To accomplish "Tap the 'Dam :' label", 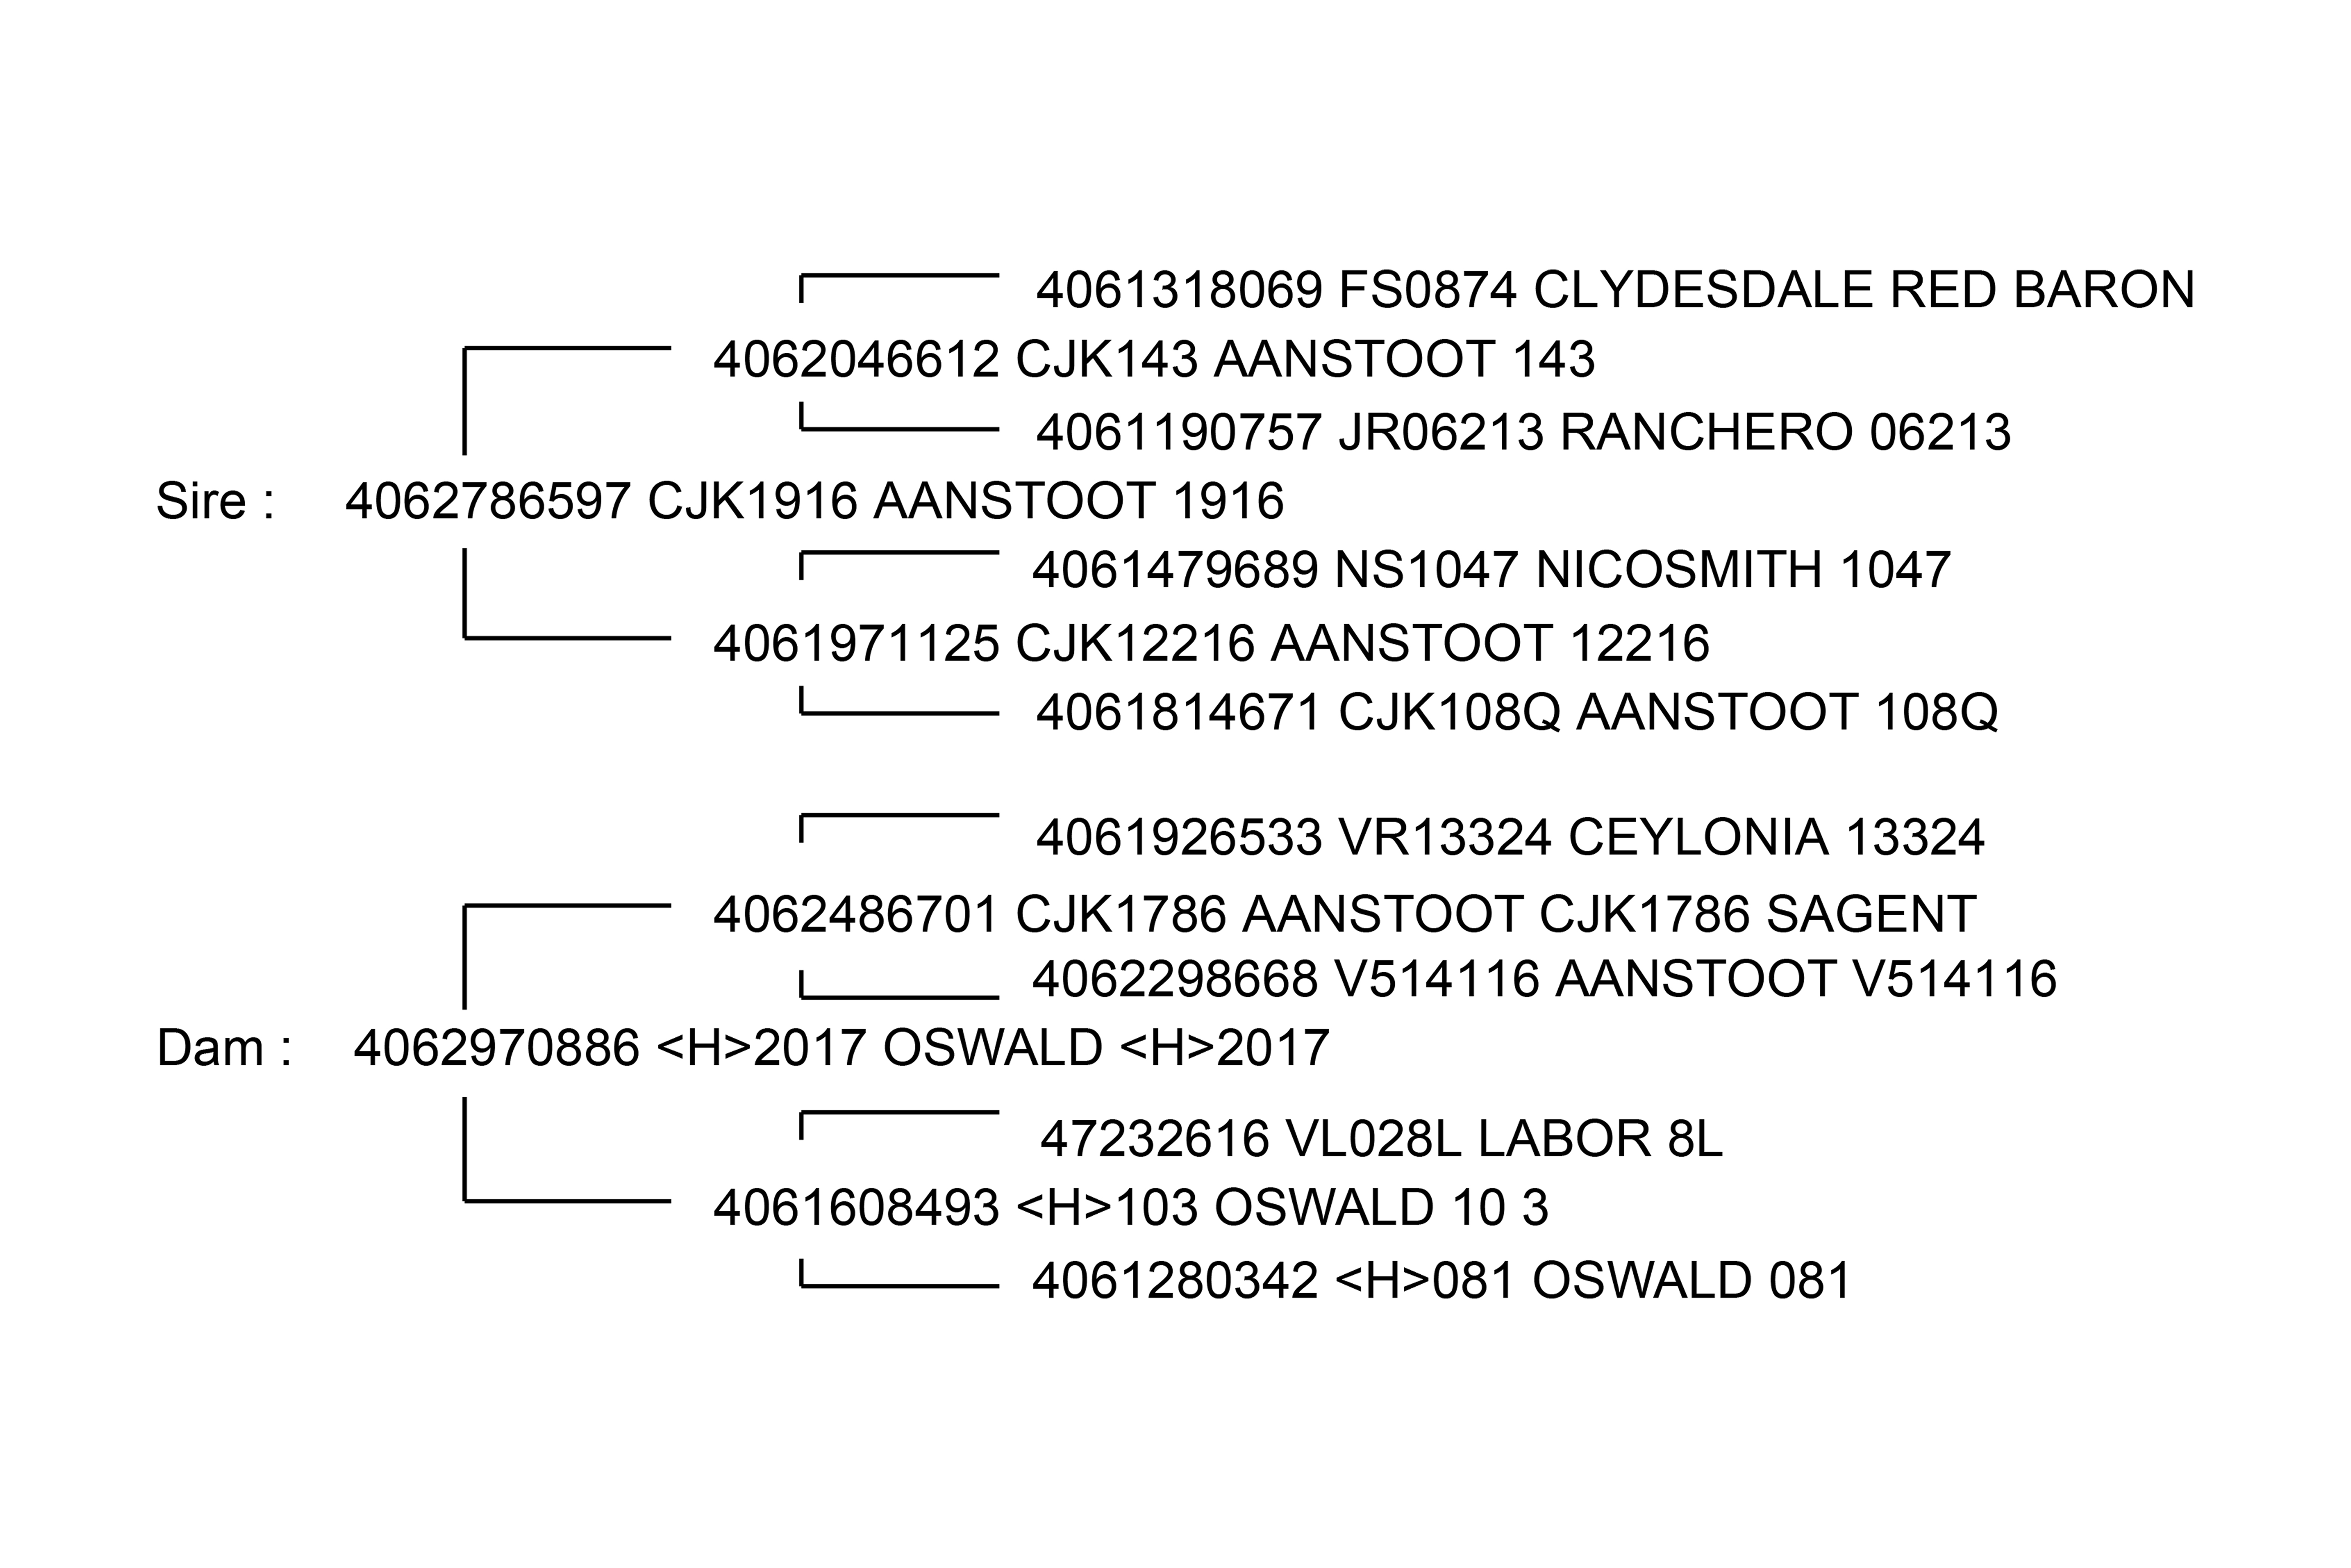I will pos(224,1048).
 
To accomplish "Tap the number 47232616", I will pos(1154,1139).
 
